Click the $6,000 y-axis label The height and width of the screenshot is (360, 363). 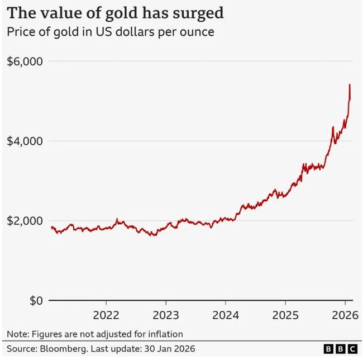point(25,61)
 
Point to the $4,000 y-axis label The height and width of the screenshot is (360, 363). point(25,141)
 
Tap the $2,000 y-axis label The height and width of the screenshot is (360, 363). point(25,221)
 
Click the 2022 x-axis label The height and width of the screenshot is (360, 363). point(106,315)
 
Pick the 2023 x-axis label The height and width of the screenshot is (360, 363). point(166,315)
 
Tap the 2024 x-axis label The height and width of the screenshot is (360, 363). point(226,315)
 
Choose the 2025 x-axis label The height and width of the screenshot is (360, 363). point(285,315)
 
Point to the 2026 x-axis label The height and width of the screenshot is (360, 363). point(345,315)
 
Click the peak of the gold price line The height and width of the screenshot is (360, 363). point(349,85)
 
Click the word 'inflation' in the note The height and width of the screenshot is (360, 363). point(164,334)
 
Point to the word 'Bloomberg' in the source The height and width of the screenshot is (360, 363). point(61,349)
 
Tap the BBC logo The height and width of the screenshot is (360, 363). point(341,349)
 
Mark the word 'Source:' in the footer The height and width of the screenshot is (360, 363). point(22,349)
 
